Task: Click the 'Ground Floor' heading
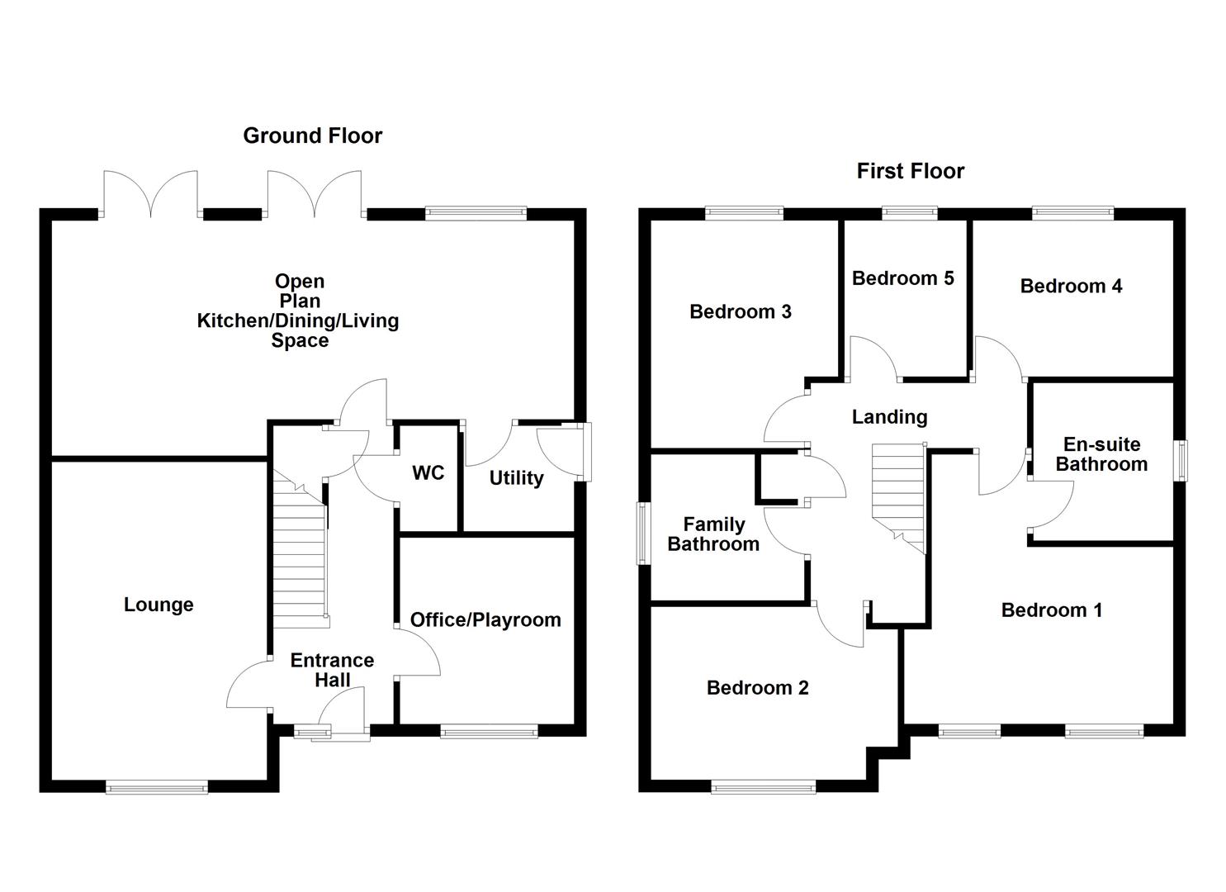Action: [313, 135]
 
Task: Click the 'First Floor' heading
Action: [910, 172]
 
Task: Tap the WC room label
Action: [428, 473]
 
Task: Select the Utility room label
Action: [516, 478]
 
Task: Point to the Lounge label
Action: [159, 605]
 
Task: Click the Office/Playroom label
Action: [485, 619]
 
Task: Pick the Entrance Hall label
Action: [332, 670]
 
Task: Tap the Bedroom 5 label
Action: [903, 278]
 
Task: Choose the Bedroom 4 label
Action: [1071, 286]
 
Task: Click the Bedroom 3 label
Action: [741, 311]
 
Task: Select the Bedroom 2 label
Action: [758, 688]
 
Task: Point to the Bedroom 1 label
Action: [1052, 610]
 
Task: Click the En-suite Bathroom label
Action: [1101, 454]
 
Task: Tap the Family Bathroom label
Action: [713, 534]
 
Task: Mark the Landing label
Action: [889, 417]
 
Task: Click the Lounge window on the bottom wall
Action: [157, 788]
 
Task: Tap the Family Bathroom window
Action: [643, 534]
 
